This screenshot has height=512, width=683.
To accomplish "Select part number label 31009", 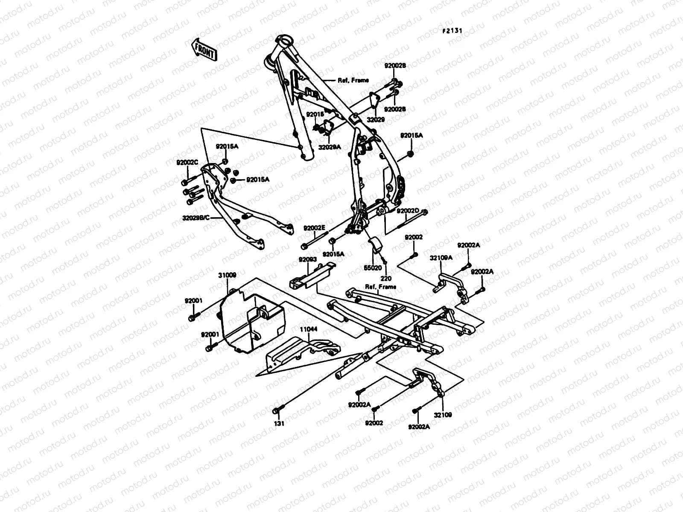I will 227,276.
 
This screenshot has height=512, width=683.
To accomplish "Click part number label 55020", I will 373,268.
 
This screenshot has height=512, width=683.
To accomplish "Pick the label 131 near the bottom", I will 279,424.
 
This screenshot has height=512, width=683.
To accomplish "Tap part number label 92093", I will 307,259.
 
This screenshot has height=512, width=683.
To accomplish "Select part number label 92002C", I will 187,162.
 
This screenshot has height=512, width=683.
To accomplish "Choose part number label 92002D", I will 408,211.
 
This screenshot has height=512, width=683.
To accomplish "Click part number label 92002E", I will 315,228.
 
